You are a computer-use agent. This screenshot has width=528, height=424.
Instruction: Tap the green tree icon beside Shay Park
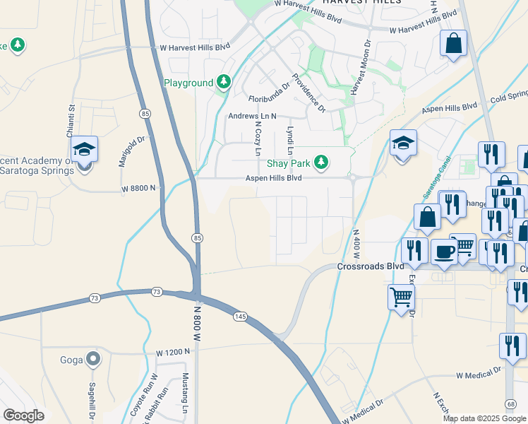click(322, 163)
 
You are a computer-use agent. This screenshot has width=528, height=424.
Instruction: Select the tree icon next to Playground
click(224, 83)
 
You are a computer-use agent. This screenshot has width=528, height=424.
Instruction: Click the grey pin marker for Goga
click(93, 360)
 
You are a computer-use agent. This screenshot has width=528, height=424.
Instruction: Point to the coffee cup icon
click(444, 252)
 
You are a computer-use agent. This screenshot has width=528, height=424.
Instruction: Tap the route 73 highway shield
click(157, 292)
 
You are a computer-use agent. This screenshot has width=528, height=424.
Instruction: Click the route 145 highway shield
click(241, 317)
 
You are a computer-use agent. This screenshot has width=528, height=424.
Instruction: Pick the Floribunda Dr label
click(269, 93)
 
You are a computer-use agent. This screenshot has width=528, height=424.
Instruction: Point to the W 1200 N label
click(173, 352)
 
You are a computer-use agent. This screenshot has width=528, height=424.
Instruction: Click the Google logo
click(23, 416)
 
